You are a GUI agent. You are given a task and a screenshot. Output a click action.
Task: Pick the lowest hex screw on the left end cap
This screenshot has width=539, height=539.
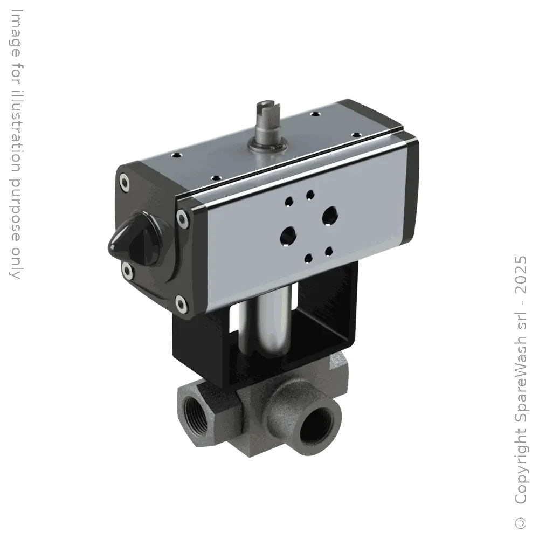point(183,306)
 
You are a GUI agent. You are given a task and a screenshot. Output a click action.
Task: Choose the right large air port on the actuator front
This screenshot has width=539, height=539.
point(328,216)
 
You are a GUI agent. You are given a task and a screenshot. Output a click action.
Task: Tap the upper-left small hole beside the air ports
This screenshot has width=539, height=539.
point(290,202)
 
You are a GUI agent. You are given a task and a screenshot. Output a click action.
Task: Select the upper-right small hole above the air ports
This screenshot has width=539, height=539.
point(310,194)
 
